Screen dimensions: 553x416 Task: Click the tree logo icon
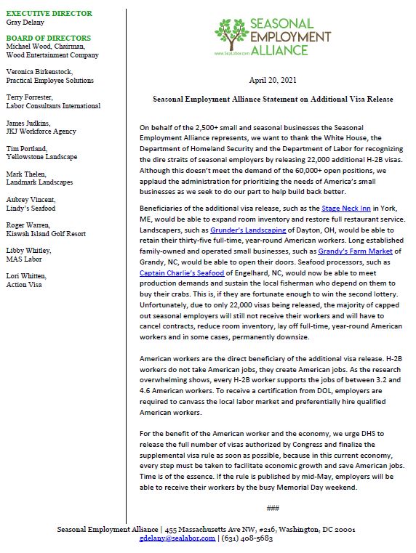click(x=232, y=34)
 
